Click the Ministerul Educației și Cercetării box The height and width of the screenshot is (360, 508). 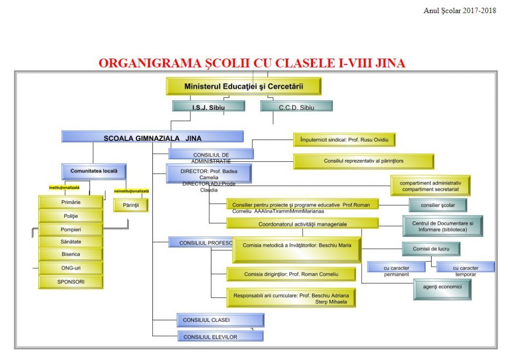pyautogui.click(x=244, y=86)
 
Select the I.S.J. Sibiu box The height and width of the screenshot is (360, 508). pyautogui.click(x=208, y=106)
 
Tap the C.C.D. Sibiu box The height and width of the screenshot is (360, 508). pyautogui.click(x=296, y=106)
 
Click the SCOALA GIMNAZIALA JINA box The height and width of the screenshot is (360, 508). pyautogui.click(x=152, y=137)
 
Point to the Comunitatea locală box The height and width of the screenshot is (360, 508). pyautogui.click(x=94, y=171)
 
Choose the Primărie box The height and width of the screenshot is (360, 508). pyautogui.click(x=71, y=203)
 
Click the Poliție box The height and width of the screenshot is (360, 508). pyautogui.click(x=71, y=216)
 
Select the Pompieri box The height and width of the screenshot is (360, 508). pyautogui.click(x=71, y=230)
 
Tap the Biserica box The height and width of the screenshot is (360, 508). pyautogui.click(x=71, y=254)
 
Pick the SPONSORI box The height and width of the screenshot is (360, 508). pyautogui.click(x=71, y=282)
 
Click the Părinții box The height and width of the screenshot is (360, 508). pyautogui.click(x=131, y=205)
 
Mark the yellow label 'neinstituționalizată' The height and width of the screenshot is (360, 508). pyautogui.click(x=131, y=191)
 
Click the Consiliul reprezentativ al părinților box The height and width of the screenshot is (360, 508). pyautogui.click(x=364, y=161)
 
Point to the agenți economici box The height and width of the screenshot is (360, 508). pyautogui.click(x=442, y=287)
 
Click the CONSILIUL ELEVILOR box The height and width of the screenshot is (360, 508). pyautogui.click(x=220, y=337)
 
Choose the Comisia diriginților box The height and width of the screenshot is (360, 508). pyautogui.click(x=291, y=274)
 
